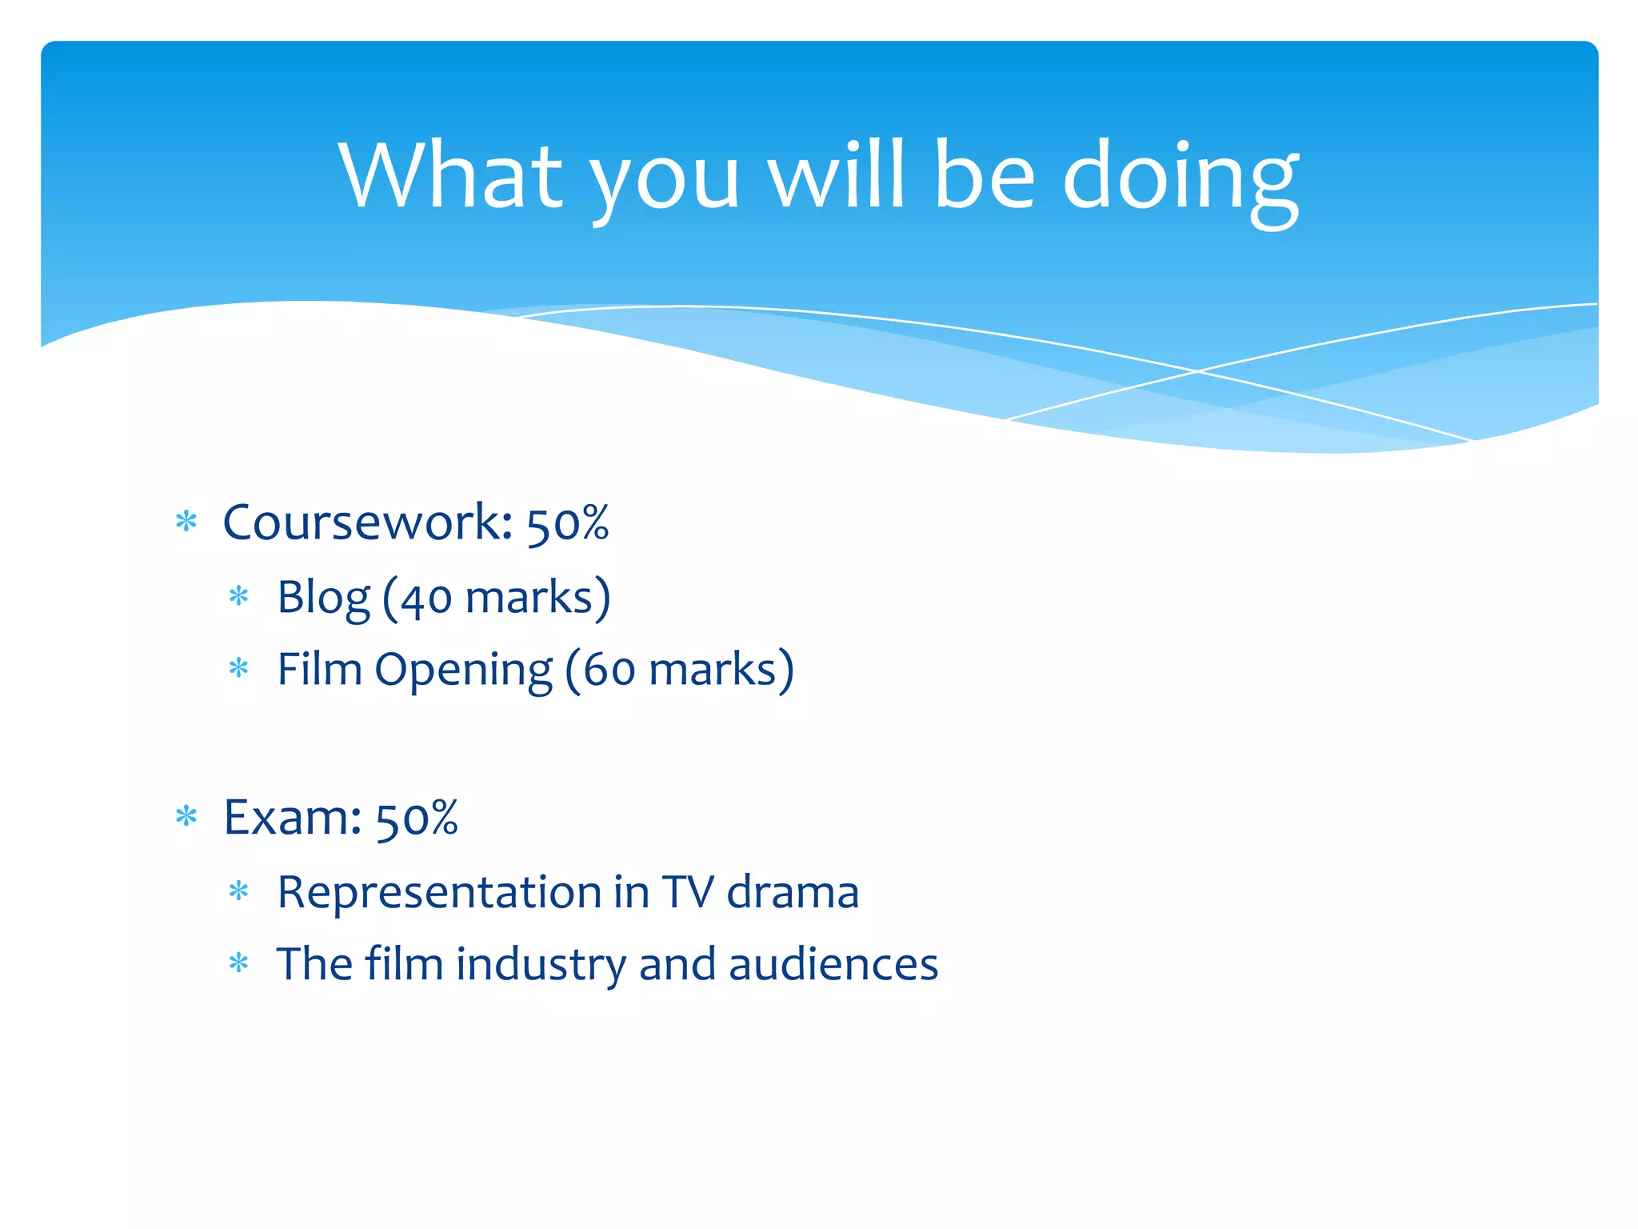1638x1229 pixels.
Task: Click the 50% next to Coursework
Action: pyautogui.click(x=568, y=524)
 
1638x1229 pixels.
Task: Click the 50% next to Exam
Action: pyautogui.click(x=417, y=819)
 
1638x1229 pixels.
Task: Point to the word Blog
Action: pyautogui.click(x=323, y=598)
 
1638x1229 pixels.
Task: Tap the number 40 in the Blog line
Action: pyautogui.click(x=425, y=599)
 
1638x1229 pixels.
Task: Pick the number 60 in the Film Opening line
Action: pyautogui.click(x=609, y=671)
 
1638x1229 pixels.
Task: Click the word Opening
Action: pyautogui.click(x=463, y=671)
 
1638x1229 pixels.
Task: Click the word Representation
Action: pyautogui.click(x=439, y=892)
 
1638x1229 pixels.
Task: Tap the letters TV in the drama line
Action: pyautogui.click(x=688, y=892)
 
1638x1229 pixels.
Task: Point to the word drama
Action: pyautogui.click(x=793, y=892)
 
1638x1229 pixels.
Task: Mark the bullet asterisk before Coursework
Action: pyautogui.click(x=186, y=522)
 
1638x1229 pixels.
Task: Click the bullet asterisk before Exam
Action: pyautogui.click(x=186, y=816)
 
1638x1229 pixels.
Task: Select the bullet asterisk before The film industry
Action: pyautogui.click(x=239, y=962)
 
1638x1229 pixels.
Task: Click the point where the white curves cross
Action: pyautogui.click(x=1197, y=370)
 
